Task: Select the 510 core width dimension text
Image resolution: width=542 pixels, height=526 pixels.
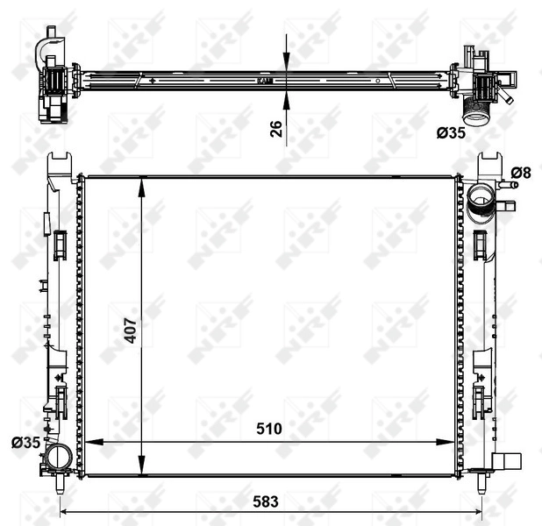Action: tap(269, 429)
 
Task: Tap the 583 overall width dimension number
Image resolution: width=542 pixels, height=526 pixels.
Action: tap(267, 501)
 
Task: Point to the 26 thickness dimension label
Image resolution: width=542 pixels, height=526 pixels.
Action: tap(275, 128)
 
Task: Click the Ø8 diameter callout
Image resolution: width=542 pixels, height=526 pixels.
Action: tap(521, 172)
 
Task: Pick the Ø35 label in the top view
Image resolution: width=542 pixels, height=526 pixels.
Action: tap(451, 133)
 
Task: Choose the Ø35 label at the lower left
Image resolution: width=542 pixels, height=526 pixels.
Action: tap(25, 443)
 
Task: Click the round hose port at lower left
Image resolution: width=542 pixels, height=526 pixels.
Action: tap(59, 456)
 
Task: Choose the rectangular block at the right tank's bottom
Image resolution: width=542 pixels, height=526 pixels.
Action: tap(508, 462)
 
